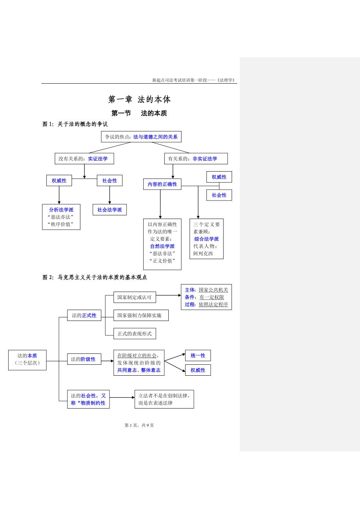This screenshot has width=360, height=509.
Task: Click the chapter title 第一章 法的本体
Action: (139, 99)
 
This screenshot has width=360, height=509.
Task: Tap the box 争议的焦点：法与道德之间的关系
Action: (141, 137)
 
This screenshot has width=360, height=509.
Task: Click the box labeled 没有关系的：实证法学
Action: (81, 159)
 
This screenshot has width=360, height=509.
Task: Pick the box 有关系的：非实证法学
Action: (196, 159)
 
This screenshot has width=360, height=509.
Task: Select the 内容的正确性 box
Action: (162, 184)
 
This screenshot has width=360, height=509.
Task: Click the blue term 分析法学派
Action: (61, 210)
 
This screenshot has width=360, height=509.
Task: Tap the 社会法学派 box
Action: (110, 210)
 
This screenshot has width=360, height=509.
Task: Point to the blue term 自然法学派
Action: (162, 246)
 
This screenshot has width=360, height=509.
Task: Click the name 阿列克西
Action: (203, 253)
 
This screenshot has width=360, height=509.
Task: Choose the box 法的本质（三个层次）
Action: (27, 360)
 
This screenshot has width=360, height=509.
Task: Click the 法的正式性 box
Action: (84, 315)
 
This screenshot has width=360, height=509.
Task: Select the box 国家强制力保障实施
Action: (141, 315)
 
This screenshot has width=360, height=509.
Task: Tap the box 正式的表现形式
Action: (135, 333)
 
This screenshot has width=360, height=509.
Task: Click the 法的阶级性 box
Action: (84, 359)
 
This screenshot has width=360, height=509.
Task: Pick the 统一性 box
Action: (198, 355)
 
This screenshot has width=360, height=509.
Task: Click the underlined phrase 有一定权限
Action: (212, 297)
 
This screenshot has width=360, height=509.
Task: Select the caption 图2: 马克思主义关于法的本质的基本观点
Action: (95, 277)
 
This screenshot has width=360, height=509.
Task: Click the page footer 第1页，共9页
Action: (139, 425)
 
